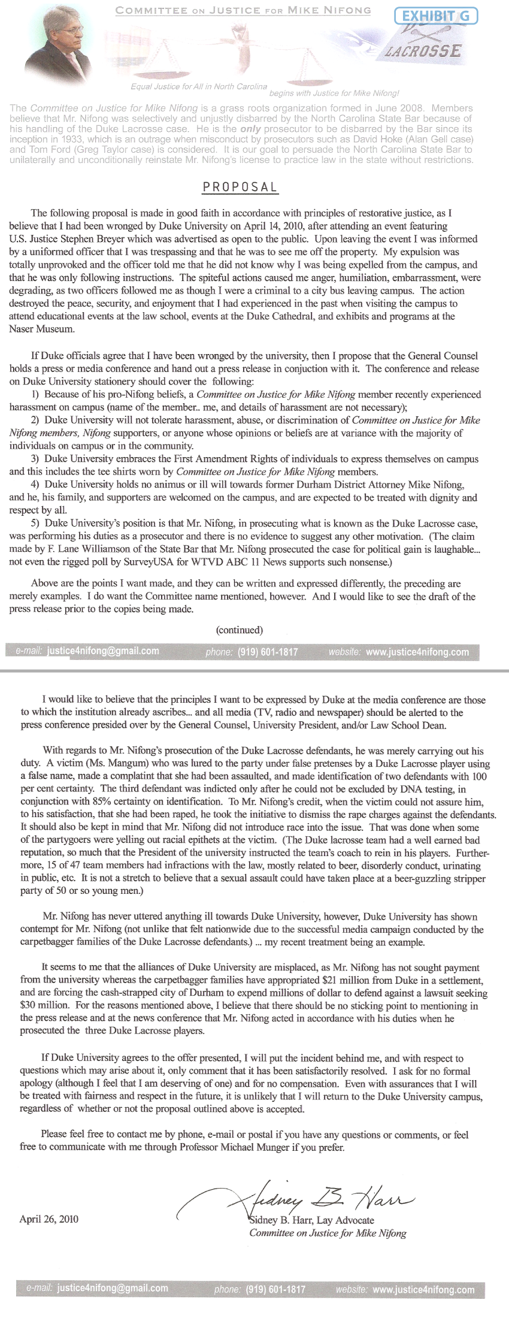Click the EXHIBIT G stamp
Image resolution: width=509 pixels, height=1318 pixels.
(x=436, y=16)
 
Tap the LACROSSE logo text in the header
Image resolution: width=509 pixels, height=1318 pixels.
(x=423, y=51)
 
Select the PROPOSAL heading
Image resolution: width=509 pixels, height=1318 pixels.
(x=240, y=187)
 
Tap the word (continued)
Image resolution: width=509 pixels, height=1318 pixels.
(x=240, y=630)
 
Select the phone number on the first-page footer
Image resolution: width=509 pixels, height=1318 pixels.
(x=268, y=652)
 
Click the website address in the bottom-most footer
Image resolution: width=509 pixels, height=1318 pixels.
(x=423, y=1290)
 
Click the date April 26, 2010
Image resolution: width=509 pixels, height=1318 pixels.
(x=49, y=1219)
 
